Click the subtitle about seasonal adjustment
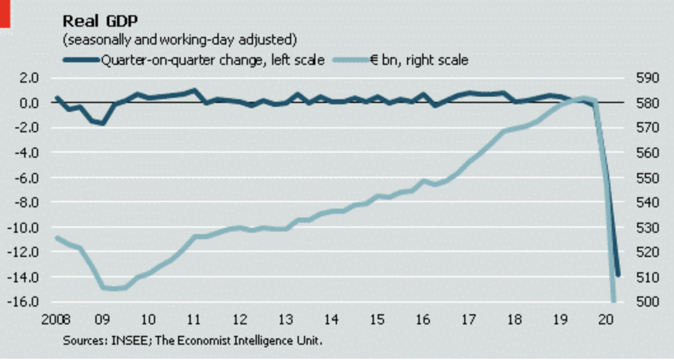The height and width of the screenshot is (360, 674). pyautogui.click(x=179, y=39)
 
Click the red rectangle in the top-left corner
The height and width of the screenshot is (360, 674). pyautogui.click(x=5, y=13)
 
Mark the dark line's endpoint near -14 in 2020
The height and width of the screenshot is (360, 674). pyautogui.click(x=617, y=274)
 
